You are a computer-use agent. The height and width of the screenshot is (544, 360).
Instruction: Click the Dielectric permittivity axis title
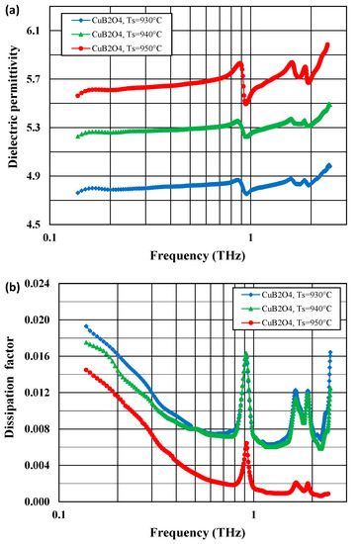(14, 127)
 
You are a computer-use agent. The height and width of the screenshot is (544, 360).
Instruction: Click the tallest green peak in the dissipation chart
(245, 353)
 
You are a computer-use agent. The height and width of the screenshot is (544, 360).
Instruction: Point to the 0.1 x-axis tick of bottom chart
(64, 515)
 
